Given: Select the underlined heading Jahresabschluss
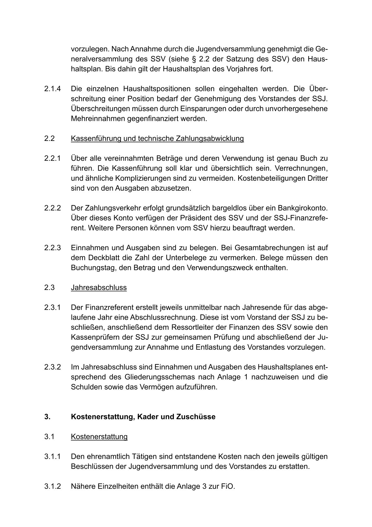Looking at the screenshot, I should [x=99, y=287].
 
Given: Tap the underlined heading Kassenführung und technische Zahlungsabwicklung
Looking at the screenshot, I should [x=157, y=138].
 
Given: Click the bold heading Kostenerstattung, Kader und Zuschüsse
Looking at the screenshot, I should [x=143, y=417].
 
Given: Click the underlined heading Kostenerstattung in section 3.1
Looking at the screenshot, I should [x=99, y=437].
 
